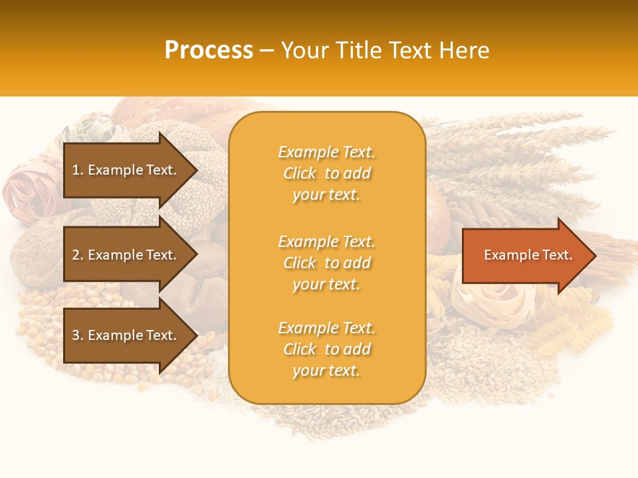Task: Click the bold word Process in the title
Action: click(x=209, y=50)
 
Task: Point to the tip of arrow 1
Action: click(x=196, y=170)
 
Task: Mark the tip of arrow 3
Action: click(x=196, y=335)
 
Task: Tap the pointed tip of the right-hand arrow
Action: click(x=595, y=256)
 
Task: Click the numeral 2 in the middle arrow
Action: click(x=76, y=255)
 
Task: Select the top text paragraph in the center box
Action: click(x=326, y=173)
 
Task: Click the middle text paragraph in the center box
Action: click(x=326, y=263)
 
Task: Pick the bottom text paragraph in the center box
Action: click(x=326, y=349)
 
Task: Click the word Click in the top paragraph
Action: click(x=300, y=174)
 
